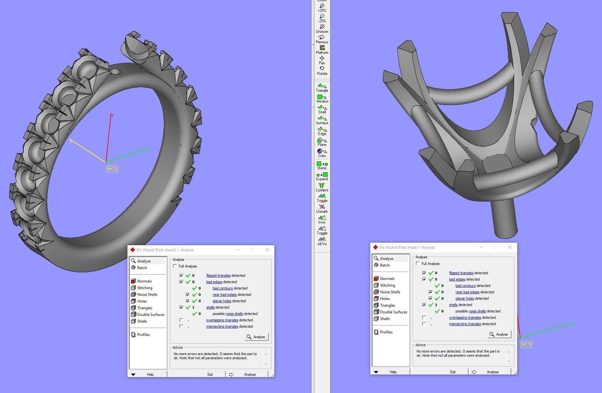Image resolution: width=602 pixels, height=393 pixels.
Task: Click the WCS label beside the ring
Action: [112, 169]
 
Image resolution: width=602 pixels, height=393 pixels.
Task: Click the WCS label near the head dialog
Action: [526, 344]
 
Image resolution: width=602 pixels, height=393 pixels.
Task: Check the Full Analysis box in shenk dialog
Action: [175, 266]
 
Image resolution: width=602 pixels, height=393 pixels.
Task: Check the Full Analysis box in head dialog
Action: [418, 264]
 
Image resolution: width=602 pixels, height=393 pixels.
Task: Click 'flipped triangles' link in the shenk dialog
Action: [218, 275]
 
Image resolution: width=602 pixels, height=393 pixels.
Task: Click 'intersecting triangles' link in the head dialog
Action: [465, 324]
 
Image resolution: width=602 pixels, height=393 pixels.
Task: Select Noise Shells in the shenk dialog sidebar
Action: [147, 295]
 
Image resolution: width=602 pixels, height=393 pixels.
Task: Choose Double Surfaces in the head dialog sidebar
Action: [394, 312]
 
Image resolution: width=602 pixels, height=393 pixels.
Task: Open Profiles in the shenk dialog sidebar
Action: [143, 335]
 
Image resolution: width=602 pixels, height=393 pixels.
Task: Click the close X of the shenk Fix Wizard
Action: [267, 250]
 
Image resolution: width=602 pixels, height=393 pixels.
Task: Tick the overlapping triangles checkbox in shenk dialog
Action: [181, 320]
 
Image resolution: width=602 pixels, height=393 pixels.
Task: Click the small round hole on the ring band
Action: [115, 72]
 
